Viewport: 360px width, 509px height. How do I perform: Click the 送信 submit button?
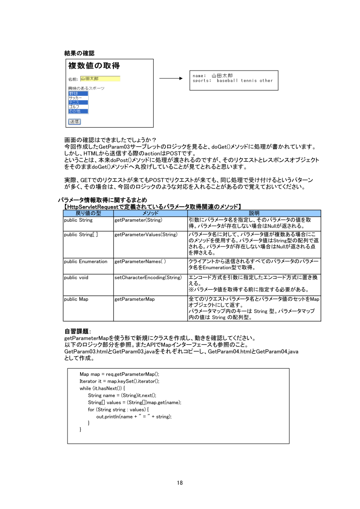74,121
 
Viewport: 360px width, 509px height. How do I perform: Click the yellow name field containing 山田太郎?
100,79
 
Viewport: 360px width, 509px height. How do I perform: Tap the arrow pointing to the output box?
170,79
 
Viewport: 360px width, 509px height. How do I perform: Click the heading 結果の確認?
79,53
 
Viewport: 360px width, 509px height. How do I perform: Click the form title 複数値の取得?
94,66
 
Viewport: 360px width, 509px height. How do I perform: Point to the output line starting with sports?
232,81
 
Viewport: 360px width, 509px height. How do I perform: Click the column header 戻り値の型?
88,213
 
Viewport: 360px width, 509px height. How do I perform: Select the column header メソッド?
150,213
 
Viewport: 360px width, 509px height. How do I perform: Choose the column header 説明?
254,213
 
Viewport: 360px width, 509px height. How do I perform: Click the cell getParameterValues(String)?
146,235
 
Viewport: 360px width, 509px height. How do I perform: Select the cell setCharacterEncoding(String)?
148,277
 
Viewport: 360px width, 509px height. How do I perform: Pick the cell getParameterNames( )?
140,262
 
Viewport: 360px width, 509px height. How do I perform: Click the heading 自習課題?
77,332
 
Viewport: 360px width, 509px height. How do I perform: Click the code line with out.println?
134,417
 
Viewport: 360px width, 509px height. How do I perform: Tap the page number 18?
180,483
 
